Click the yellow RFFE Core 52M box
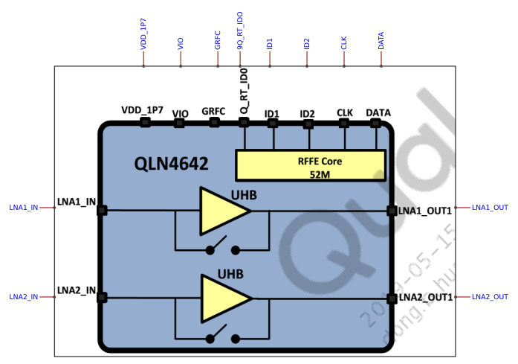(x=310, y=165)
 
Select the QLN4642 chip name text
(x=171, y=163)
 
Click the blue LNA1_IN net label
(x=23, y=208)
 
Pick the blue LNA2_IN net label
(x=23, y=297)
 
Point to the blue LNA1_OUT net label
(x=490, y=207)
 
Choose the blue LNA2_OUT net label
(x=490, y=297)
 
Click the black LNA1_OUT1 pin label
(x=425, y=211)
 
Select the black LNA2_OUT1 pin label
(x=425, y=298)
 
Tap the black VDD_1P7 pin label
(x=142, y=110)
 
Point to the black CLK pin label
(x=345, y=112)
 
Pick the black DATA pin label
(x=378, y=112)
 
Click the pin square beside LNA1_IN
(x=102, y=211)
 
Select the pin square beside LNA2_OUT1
(x=392, y=298)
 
